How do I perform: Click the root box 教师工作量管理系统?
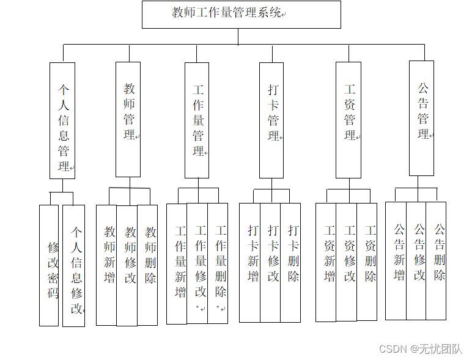241,14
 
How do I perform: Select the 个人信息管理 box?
62,120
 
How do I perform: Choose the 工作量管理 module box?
197,120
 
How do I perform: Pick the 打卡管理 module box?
271,120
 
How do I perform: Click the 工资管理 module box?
348,120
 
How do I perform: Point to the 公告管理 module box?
421,118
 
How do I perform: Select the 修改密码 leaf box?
49,265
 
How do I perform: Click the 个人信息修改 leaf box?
74,265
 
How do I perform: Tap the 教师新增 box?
108,265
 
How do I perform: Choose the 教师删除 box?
148,265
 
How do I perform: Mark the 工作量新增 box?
177,263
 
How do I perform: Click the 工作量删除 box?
218,263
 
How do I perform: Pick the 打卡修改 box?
271,262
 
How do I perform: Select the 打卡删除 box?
291,262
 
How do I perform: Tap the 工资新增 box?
326,262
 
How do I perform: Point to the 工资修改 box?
347,262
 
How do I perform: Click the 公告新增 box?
396,260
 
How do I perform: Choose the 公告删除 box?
437,260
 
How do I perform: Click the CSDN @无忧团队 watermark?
421,348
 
